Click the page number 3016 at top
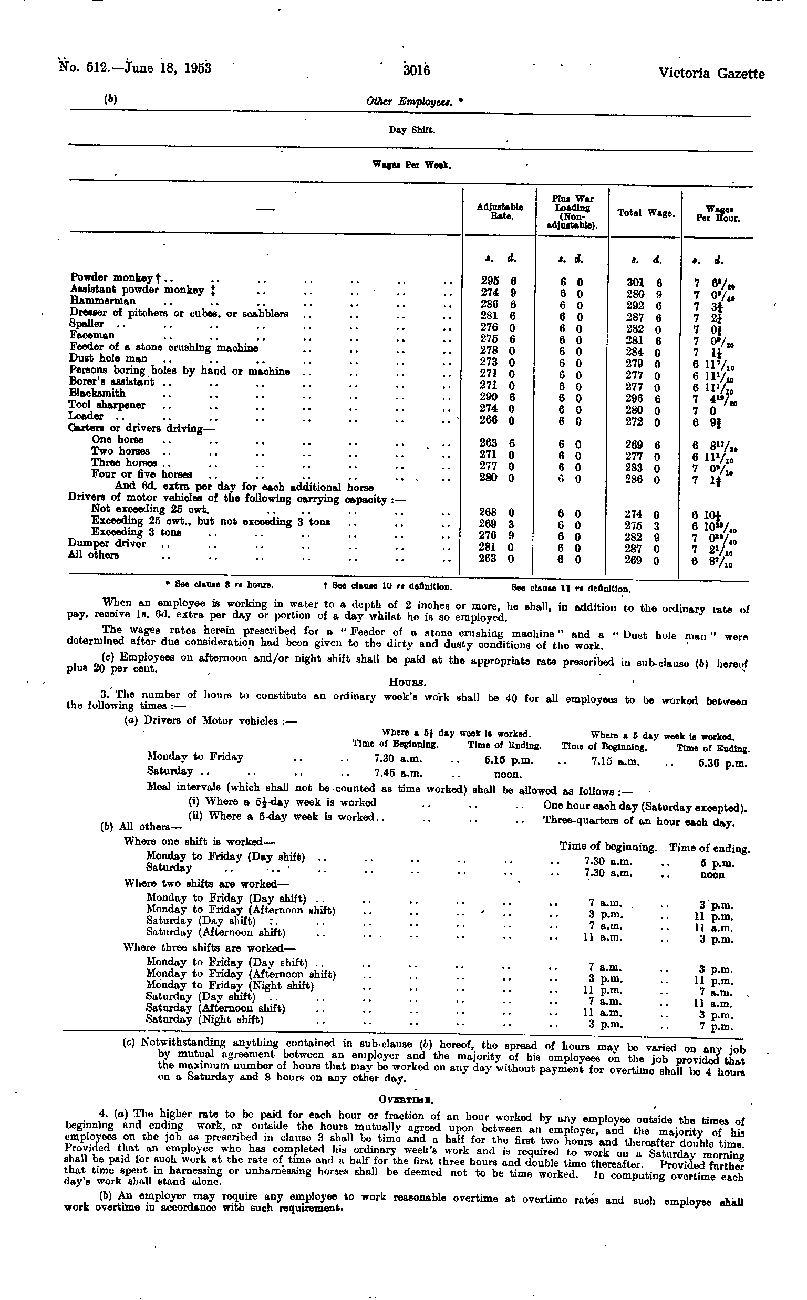417,70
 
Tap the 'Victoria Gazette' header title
711,73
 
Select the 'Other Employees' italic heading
407,101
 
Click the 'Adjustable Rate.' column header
499,211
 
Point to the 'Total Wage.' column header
646,212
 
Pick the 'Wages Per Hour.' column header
718,213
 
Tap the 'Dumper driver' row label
107,543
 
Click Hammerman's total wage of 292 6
644,306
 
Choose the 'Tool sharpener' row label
107,405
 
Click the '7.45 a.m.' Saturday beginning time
398,772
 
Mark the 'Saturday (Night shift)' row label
205,1020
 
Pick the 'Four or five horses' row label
141,474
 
